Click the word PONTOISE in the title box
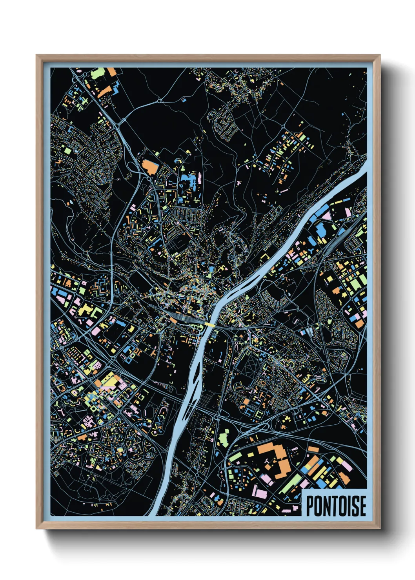(336, 506)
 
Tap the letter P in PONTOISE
(309, 506)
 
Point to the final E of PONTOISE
(362, 506)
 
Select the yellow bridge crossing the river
(209, 324)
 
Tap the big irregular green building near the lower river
(223, 437)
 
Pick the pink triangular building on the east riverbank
(348, 212)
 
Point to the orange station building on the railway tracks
(173, 320)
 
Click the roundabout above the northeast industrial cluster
(283, 126)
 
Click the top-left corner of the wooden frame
(37, 56)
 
